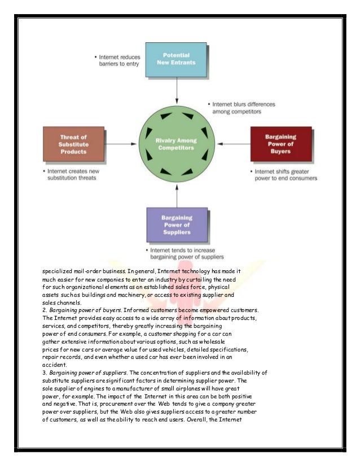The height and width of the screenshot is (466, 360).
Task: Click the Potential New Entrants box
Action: (177, 59)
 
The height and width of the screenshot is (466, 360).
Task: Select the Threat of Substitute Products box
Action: (73, 144)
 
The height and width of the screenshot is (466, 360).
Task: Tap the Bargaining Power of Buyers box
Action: (280, 144)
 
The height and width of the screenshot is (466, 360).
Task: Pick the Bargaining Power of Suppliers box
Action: (177, 224)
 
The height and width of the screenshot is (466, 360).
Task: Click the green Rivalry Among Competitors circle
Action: (177, 144)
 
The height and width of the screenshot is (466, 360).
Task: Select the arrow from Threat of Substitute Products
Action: (120, 144)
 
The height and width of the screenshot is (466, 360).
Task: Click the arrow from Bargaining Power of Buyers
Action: (233, 144)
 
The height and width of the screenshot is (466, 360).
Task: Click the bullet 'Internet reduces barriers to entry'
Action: (119, 61)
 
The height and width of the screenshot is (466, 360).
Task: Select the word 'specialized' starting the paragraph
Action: (59, 271)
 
